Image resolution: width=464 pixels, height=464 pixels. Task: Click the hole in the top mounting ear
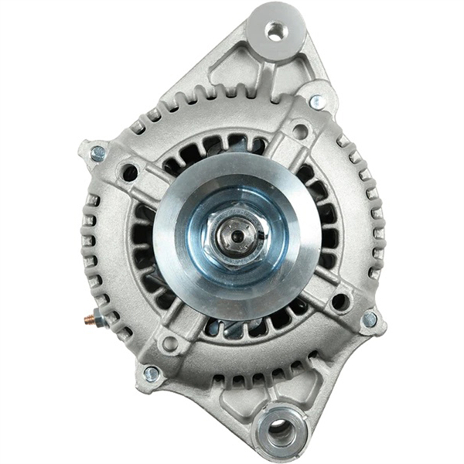click(x=275, y=30)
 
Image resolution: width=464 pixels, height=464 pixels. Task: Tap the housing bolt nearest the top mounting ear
click(x=316, y=101)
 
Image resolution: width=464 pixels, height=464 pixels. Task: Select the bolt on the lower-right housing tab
click(x=370, y=319)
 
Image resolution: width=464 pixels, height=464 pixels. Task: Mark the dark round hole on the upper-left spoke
click(x=130, y=172)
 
